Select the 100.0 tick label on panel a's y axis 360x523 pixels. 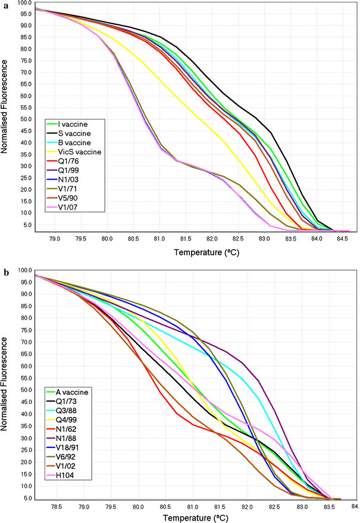click(25, 3)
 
